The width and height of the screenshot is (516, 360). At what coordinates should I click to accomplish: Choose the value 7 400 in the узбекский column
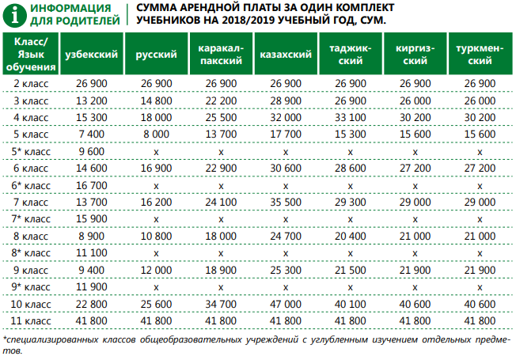[x=91, y=134]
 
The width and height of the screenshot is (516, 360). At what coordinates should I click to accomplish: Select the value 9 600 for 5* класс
[x=91, y=150]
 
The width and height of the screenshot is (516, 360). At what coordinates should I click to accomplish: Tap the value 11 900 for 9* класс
[x=91, y=286]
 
